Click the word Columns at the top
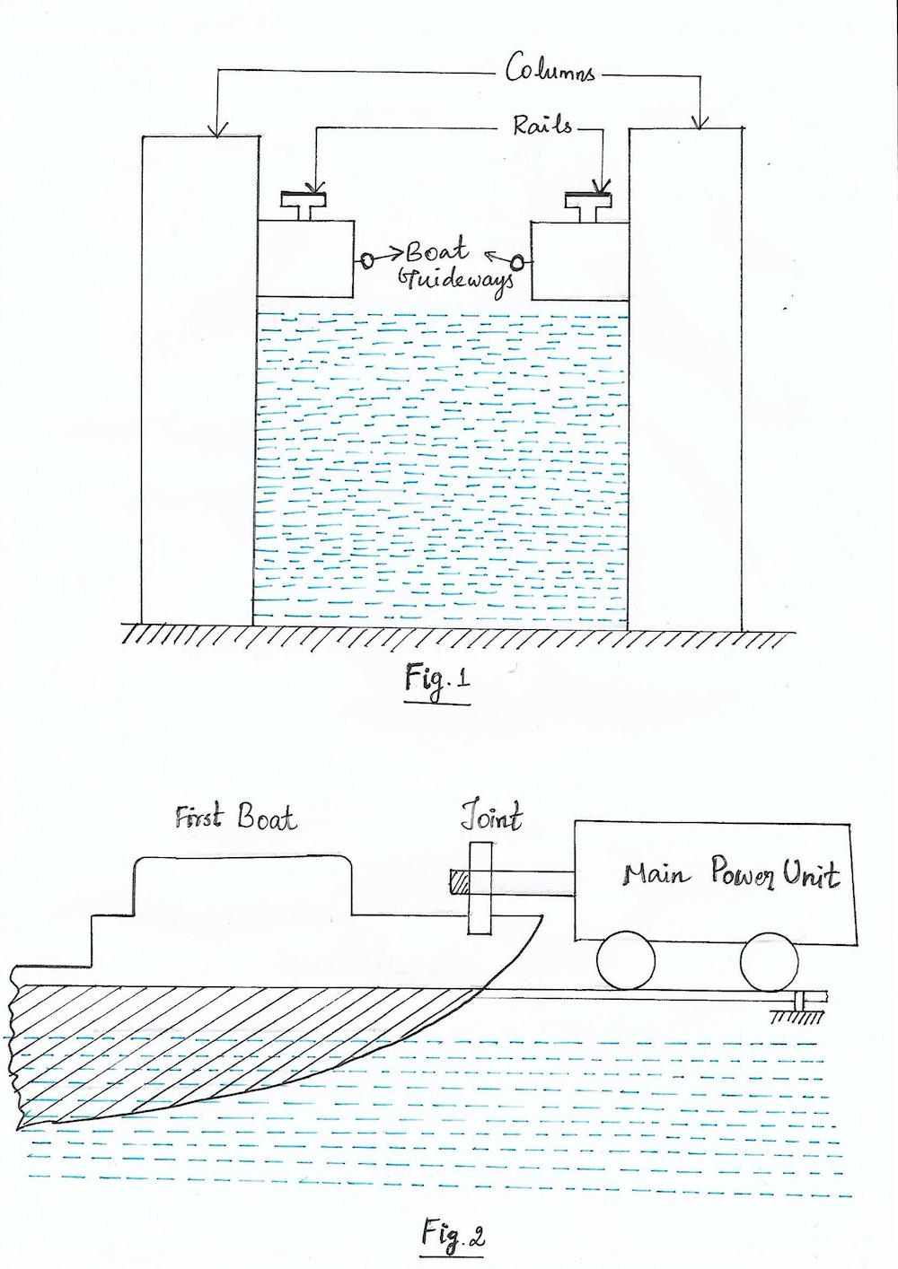coord(550,69)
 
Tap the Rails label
coord(541,125)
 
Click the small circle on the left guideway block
coord(367,260)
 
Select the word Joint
coord(491,818)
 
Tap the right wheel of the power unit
coord(769,962)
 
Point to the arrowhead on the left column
coord(216,131)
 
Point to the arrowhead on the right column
coord(702,122)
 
